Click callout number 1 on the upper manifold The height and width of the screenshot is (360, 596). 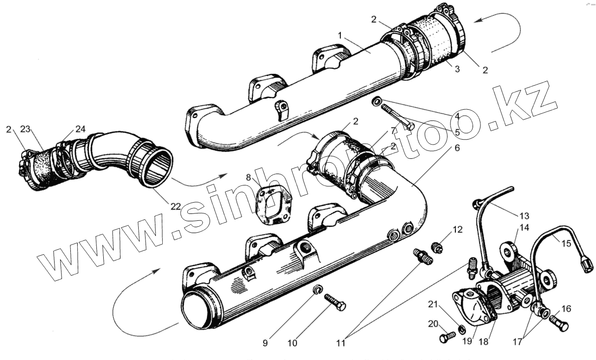coord(340,35)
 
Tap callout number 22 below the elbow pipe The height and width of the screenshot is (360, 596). coord(176,207)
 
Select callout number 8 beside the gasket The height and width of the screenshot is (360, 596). coord(249,178)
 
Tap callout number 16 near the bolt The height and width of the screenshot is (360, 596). coord(566,309)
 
